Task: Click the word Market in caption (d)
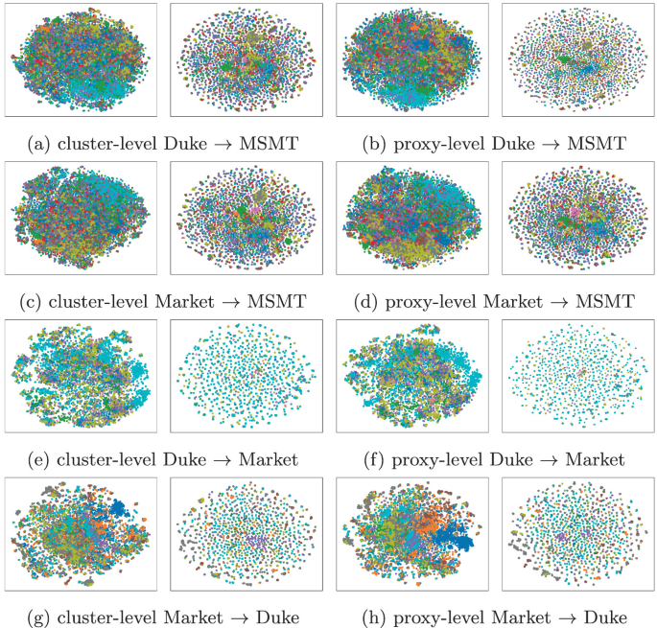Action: tap(519, 302)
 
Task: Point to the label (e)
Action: tap(40, 459)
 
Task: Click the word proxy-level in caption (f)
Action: tap(434, 459)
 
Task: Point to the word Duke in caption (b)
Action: tap(510, 144)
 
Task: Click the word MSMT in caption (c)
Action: tap(277, 302)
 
